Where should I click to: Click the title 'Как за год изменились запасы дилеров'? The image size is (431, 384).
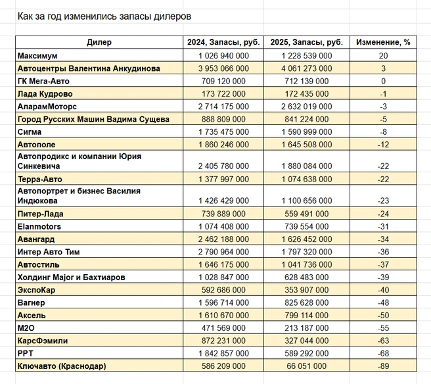coord(104,16)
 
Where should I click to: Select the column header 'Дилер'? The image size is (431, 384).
coord(99,42)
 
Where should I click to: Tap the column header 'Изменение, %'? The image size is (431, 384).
coord(383,42)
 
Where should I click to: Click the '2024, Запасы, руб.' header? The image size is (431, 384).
coord(223,42)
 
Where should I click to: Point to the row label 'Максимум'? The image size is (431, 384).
coord(37,56)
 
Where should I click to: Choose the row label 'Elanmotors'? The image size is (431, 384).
coord(39,227)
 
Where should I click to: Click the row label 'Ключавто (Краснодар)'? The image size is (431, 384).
coord(62,366)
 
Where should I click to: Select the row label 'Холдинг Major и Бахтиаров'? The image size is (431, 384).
coord(71,277)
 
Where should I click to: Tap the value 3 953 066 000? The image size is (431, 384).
coord(223,68)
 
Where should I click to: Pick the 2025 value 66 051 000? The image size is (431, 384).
coord(306,366)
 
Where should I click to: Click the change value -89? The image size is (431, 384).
coord(383,366)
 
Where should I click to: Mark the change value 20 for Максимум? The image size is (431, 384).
coord(383,56)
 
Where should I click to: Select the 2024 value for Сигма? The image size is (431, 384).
coord(223,132)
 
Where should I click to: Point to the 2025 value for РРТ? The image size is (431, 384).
coord(306,354)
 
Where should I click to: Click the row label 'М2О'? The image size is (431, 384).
coord(26,328)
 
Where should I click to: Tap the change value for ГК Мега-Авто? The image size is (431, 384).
coord(383,81)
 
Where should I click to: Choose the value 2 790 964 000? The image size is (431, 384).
coord(223,252)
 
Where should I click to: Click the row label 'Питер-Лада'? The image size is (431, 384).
coord(41,214)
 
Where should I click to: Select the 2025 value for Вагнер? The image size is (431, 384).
coord(306,303)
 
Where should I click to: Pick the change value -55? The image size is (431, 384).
coord(383,328)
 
